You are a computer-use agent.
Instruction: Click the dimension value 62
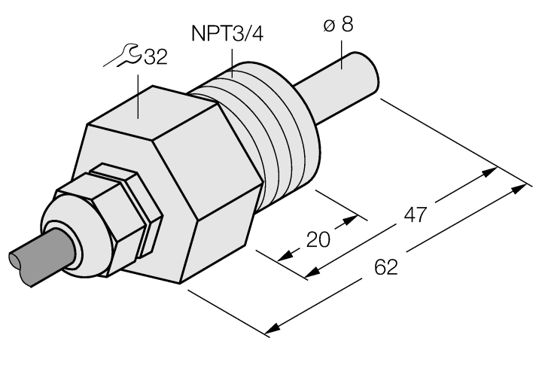tap(385, 267)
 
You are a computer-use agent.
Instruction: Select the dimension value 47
tap(413, 214)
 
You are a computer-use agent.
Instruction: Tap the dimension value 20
tap(318, 241)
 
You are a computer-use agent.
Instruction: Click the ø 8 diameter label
tap(338, 25)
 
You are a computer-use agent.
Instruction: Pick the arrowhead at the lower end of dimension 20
tap(284, 257)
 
